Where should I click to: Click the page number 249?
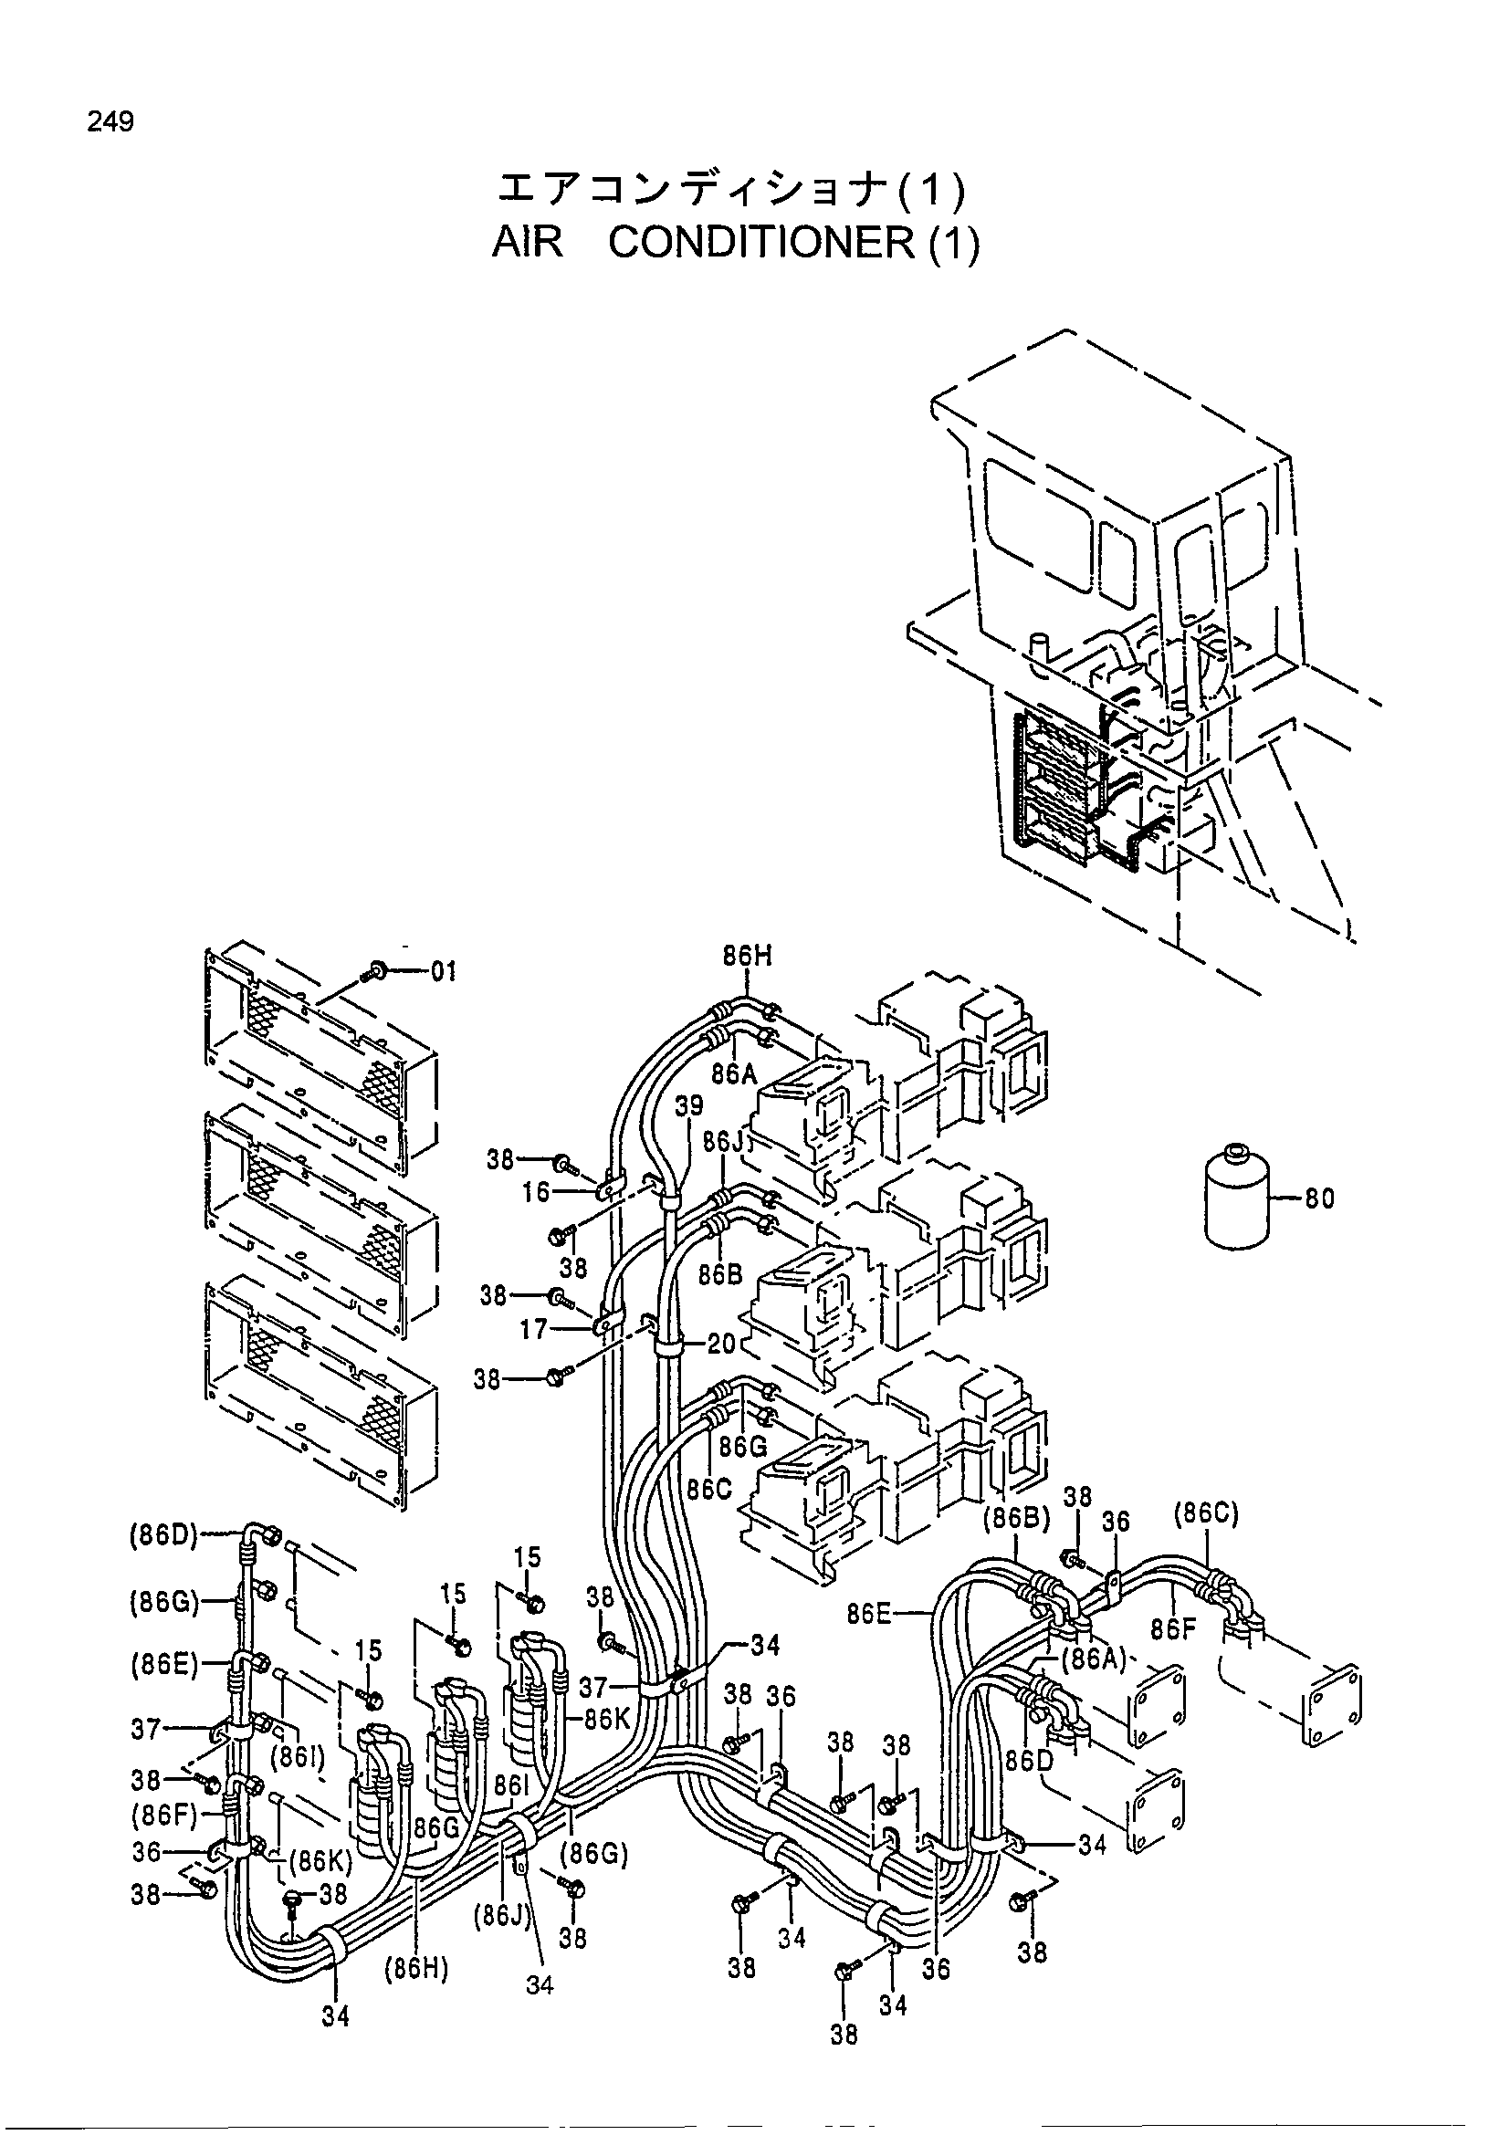[110, 121]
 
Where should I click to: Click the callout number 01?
[444, 973]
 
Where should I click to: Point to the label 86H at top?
[749, 956]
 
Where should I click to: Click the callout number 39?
[689, 1106]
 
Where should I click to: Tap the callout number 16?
[536, 1191]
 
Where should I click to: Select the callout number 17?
[533, 1330]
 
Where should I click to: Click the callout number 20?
[721, 1344]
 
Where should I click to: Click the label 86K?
[607, 1720]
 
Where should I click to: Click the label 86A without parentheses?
[735, 1074]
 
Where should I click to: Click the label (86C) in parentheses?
[1206, 1515]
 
